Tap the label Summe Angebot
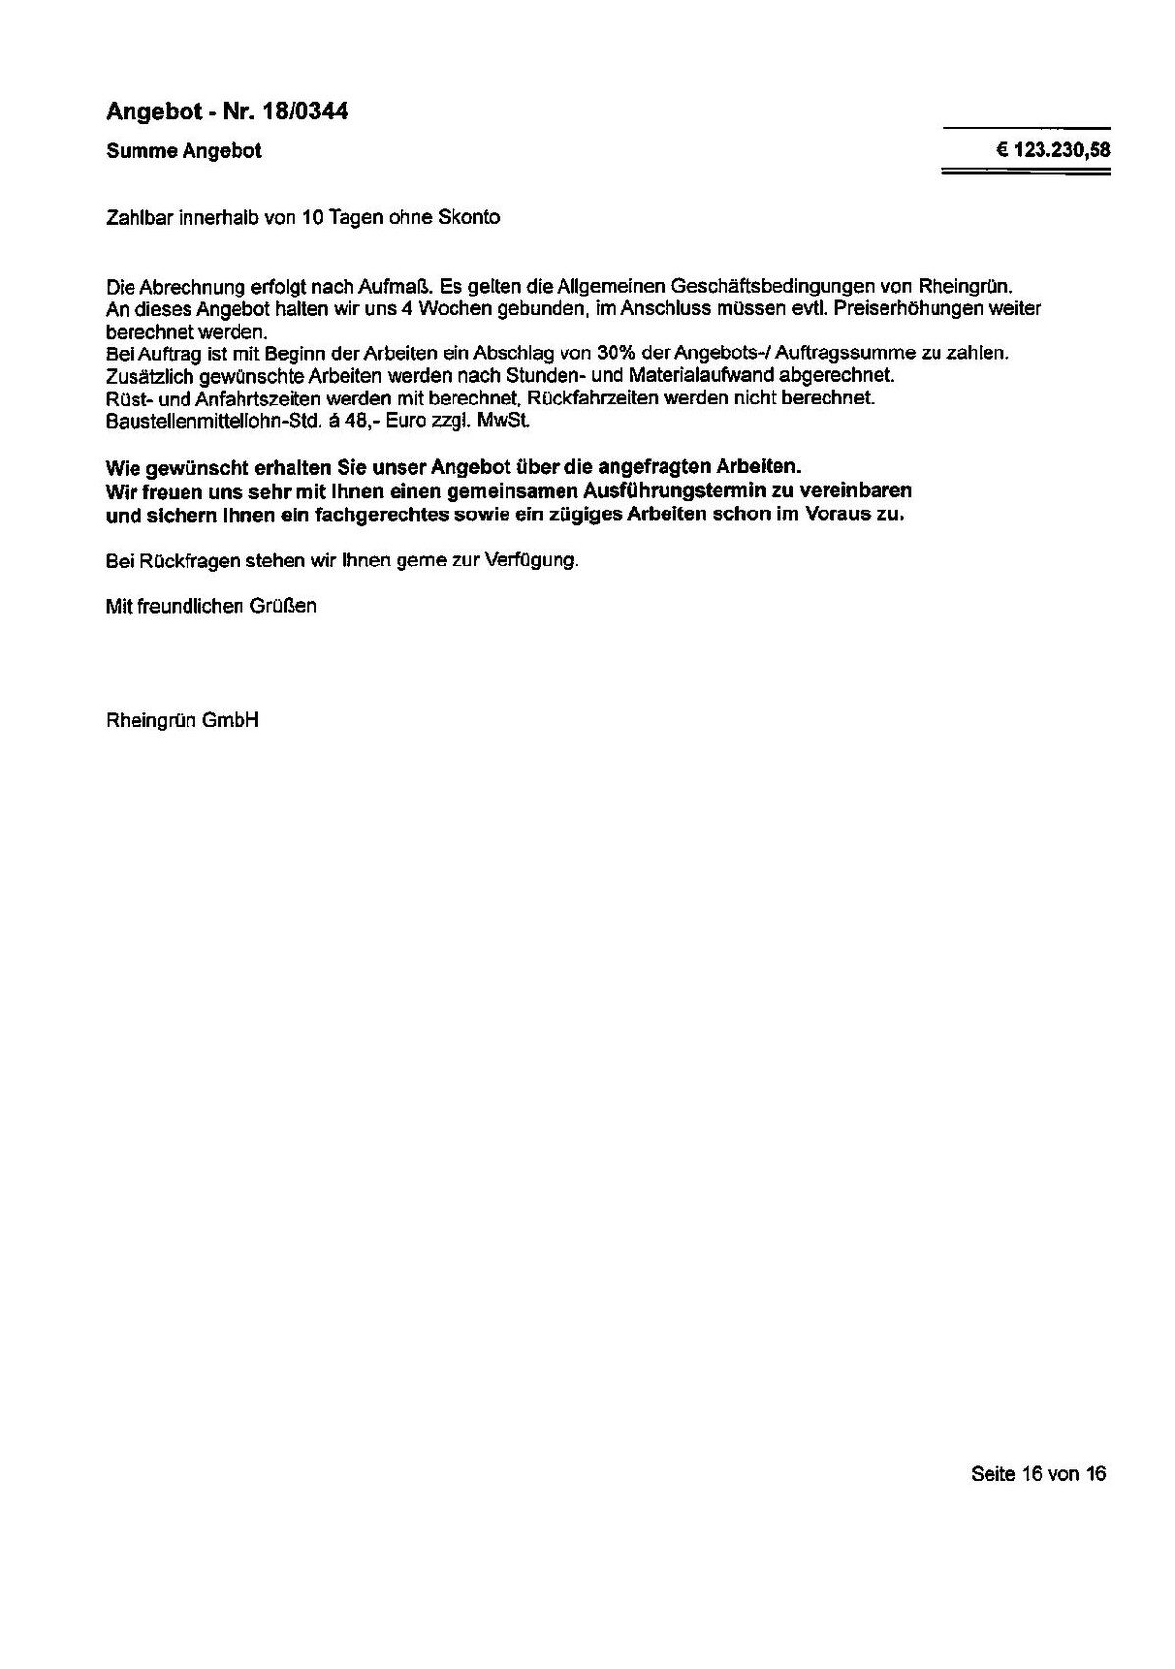click(x=184, y=151)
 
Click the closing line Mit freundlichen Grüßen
click(x=211, y=607)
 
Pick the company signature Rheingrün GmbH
click(x=183, y=721)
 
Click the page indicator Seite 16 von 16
click(x=1038, y=1473)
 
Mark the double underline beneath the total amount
click(x=1025, y=173)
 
